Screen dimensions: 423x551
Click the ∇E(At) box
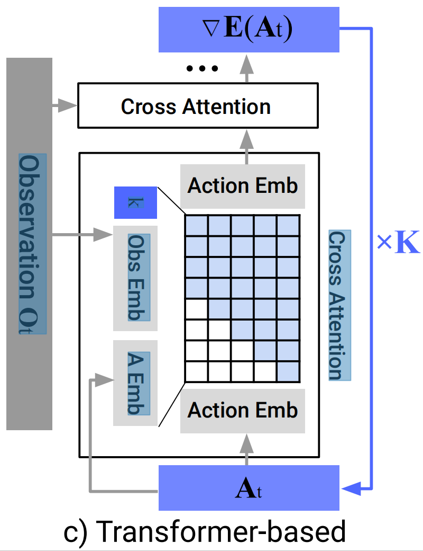pyautogui.click(x=249, y=30)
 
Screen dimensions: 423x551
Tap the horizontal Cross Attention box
pyautogui.click(x=198, y=105)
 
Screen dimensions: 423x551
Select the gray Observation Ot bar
pyautogui.click(x=30, y=244)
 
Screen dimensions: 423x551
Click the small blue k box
pyautogui.click(x=135, y=203)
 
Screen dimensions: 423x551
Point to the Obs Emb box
pyautogui.click(x=135, y=278)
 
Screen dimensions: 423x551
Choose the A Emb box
pyautogui.click(x=135, y=383)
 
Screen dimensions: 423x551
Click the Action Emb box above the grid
pyautogui.click(x=242, y=186)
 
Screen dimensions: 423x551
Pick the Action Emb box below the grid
pyautogui.click(x=242, y=411)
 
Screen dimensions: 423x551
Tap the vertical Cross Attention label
pyautogui.click(x=339, y=305)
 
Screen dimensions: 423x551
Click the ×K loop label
pyautogui.click(x=398, y=243)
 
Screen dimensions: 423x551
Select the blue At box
pyautogui.click(x=249, y=488)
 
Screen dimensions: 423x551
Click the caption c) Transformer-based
pyautogui.click(x=205, y=531)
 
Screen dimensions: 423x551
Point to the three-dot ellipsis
pyautogui.click(x=202, y=68)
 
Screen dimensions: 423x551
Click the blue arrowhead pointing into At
pyautogui.click(x=351, y=488)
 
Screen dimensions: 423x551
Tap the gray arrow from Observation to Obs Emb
pyautogui.click(x=83, y=234)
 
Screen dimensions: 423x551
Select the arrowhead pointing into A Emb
pyautogui.click(x=105, y=380)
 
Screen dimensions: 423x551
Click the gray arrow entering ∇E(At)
pyautogui.click(x=247, y=68)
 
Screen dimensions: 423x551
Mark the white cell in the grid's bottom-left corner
pyautogui.click(x=196, y=371)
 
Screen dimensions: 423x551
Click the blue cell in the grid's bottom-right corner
pyautogui.click(x=288, y=371)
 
